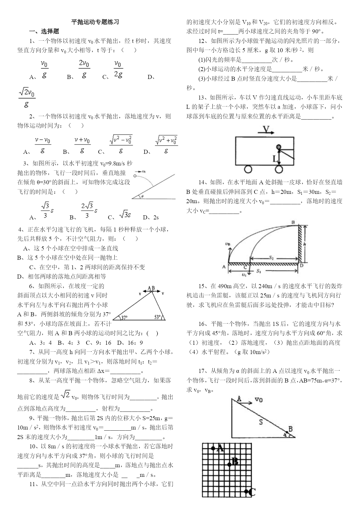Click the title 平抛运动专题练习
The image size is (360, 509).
95,22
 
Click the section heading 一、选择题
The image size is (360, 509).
44,31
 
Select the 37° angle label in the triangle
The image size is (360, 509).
124,317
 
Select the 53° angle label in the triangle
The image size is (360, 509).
158,317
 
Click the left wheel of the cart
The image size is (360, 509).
248,169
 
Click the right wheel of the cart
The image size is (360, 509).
279,169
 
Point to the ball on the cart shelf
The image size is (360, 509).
279,147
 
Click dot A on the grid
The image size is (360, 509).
213,448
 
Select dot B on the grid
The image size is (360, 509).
229,465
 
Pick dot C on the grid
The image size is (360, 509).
246,491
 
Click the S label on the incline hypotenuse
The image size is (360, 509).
260,422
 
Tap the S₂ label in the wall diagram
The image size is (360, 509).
271,257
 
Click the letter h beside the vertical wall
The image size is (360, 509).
305,244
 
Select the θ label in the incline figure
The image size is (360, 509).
142,196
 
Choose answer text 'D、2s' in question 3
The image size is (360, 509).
151,217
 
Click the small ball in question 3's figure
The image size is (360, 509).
135,176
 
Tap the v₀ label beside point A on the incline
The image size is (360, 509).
258,400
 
